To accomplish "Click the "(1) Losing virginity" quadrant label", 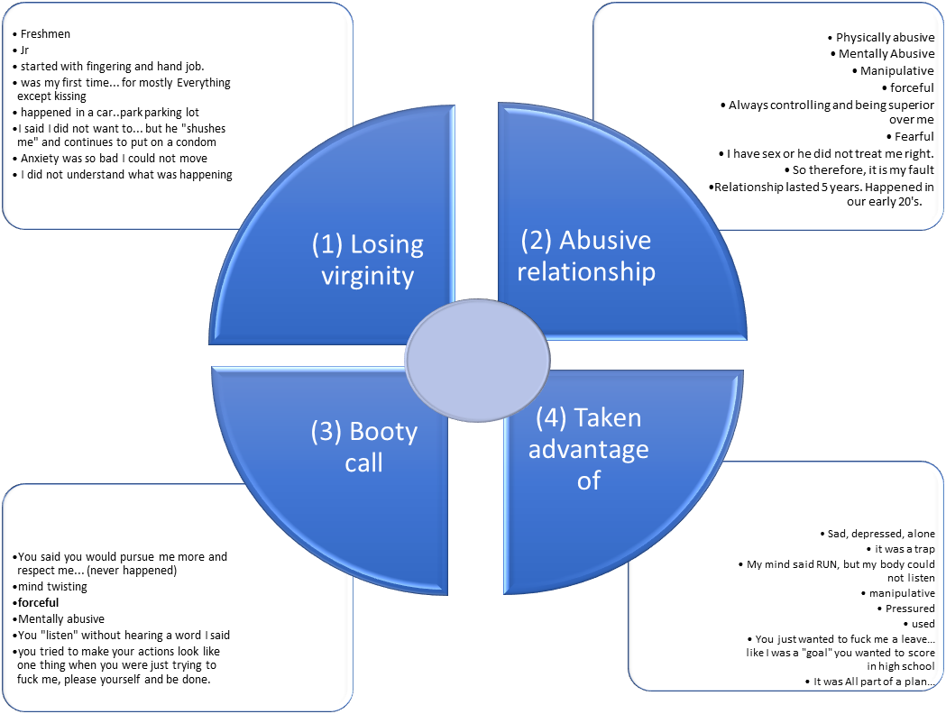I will [x=367, y=259].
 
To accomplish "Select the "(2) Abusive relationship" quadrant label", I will [x=586, y=255].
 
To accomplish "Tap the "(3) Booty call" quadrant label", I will [x=363, y=447].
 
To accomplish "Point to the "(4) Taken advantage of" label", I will [x=588, y=448].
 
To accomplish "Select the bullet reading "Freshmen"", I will [x=45, y=34].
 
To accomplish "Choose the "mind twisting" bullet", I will [x=52, y=587].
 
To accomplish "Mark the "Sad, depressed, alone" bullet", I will [x=881, y=534].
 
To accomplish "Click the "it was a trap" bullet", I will [x=905, y=548].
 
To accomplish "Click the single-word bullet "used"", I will [x=923, y=624].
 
